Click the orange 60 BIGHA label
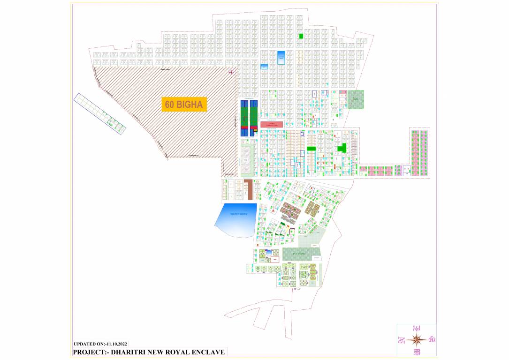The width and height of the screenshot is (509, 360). [184, 105]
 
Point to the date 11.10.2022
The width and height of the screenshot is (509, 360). [116, 344]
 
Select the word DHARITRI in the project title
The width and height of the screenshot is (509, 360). [130, 352]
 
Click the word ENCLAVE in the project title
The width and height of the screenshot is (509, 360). [207, 352]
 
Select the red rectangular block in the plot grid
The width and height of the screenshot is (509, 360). [272, 124]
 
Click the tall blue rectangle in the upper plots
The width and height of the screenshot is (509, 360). [281, 58]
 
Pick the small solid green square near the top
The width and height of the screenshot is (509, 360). [301, 36]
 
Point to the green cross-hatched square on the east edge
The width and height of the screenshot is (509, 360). [355, 99]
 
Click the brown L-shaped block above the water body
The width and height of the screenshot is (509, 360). [248, 190]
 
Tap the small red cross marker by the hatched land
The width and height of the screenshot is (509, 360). [231, 72]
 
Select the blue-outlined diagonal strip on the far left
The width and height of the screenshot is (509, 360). [99, 113]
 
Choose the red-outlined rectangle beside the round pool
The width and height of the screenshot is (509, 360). [275, 259]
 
